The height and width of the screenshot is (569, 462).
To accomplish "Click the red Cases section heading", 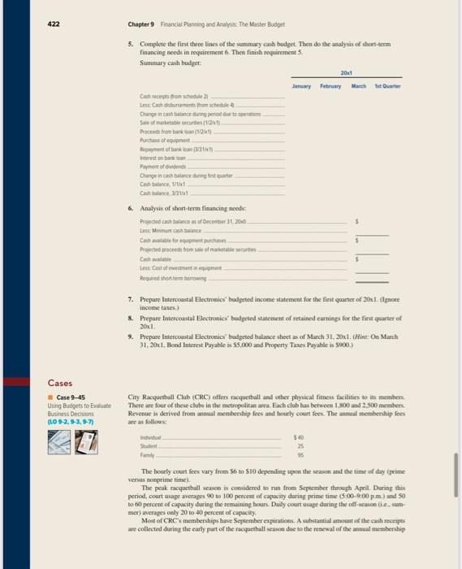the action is pyautogui.click(x=60, y=383).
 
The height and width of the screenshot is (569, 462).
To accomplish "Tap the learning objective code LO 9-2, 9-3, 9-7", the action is pyautogui.click(x=71, y=422).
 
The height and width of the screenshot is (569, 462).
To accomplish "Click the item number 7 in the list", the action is pyautogui.click(x=132, y=301).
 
